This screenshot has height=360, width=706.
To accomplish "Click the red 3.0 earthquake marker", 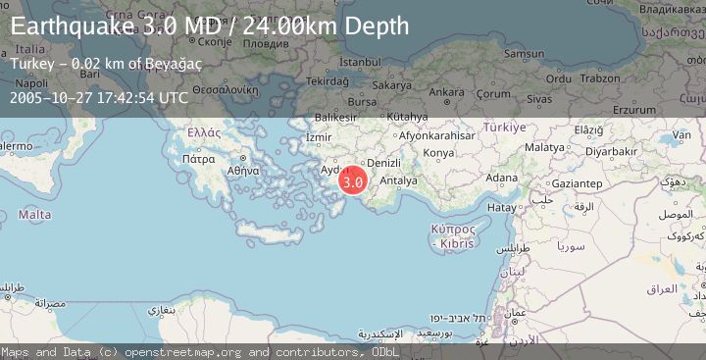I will click(353, 180).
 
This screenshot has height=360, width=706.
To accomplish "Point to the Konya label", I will click(437, 153).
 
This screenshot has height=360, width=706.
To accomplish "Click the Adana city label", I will click(502, 178).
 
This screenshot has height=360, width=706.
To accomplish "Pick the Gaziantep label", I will click(576, 183).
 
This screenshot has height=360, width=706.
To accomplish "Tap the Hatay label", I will click(501, 208).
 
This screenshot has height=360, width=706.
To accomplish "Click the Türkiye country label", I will click(505, 128).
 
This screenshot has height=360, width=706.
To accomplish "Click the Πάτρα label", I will click(198, 157).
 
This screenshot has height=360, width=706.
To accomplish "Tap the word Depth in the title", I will click(372, 26).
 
